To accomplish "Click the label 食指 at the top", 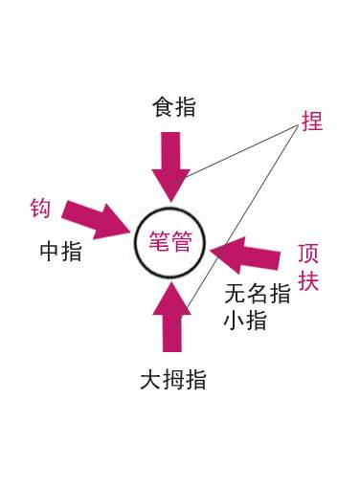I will [174, 106].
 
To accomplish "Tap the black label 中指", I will [60, 252].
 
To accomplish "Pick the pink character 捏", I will [311, 122].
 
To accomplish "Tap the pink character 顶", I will [308, 255].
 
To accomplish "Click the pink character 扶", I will [308, 282].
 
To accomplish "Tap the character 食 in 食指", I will [163, 106].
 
